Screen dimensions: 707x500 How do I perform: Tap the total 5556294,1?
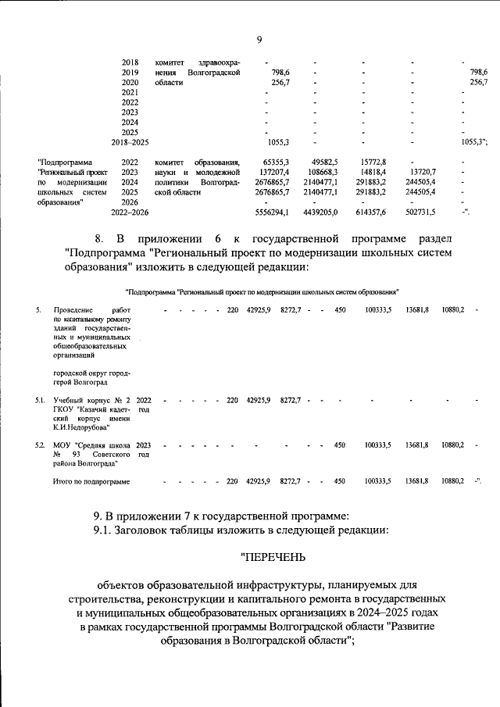273,212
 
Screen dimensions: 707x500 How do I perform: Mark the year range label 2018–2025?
130,142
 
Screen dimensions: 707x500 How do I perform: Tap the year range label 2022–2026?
130,212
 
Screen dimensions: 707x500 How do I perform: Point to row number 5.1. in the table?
40,400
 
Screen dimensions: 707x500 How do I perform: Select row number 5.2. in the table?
40,445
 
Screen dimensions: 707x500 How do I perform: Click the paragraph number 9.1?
104,529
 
